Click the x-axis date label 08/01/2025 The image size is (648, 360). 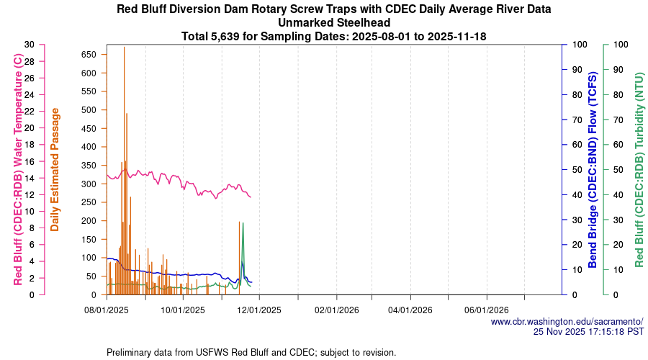[107, 310]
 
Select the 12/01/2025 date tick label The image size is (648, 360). [259, 310]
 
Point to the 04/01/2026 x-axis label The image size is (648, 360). [410, 310]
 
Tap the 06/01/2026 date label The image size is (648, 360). [487, 310]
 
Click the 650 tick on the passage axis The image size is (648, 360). [88, 55]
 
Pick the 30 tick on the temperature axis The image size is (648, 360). [29, 45]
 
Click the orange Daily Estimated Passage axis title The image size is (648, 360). [55, 170]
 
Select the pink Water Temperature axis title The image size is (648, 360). [18, 170]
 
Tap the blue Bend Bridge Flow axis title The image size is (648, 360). [593, 170]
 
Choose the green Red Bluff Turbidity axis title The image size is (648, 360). [639, 170]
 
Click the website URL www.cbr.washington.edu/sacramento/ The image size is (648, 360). [567, 321]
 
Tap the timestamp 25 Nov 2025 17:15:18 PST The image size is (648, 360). [588, 332]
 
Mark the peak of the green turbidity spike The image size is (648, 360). [243, 223]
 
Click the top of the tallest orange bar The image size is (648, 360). [124, 48]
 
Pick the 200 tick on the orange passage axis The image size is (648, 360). [88, 220]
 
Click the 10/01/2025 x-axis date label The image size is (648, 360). [183, 310]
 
